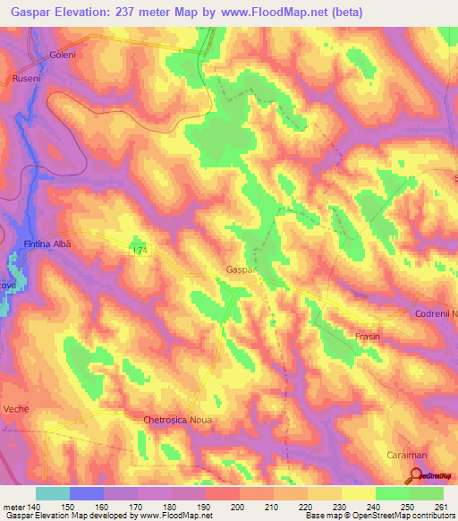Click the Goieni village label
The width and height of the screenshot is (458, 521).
[53, 56]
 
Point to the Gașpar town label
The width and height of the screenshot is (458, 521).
[242, 269]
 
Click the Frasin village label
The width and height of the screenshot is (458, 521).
[368, 337]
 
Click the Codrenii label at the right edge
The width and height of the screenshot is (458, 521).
[436, 314]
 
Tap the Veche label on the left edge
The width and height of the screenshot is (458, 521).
[15, 408]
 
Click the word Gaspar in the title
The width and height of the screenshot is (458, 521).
[33, 13]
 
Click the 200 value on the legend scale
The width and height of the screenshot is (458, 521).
[239, 508]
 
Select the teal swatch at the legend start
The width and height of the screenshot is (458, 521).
[53, 493]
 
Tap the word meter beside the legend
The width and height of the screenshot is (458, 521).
[13, 508]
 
